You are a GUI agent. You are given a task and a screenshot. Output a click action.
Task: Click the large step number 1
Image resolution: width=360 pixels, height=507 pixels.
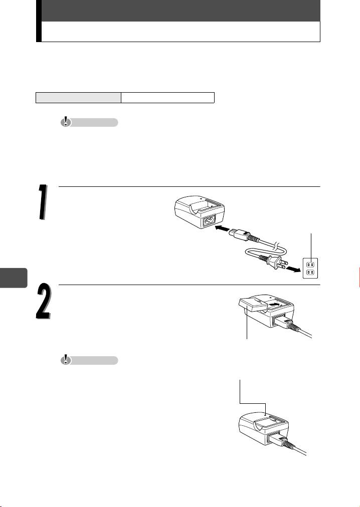click(43, 202)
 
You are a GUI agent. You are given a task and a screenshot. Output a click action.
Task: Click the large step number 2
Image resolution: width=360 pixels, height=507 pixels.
click(44, 302)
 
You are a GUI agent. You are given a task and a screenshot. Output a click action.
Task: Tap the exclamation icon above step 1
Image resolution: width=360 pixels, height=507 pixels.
click(66, 122)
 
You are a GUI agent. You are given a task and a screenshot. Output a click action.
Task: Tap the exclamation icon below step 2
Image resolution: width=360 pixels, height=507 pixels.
click(66, 360)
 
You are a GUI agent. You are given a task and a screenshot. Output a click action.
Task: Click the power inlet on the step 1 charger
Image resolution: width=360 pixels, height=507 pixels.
click(209, 222)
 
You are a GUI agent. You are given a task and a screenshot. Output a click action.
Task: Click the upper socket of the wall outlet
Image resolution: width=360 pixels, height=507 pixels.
click(310, 264)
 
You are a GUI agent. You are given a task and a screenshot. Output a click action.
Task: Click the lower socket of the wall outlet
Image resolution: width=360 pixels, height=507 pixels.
click(310, 272)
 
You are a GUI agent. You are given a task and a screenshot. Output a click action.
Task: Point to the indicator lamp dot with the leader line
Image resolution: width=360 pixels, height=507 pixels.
click(265, 413)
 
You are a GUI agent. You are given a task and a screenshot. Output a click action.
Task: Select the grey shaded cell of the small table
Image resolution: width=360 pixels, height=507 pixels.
click(78, 98)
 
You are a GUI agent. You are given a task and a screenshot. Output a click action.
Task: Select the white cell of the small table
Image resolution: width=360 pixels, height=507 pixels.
click(167, 98)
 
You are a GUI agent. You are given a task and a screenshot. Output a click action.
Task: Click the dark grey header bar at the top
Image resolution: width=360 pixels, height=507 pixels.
click(181, 11)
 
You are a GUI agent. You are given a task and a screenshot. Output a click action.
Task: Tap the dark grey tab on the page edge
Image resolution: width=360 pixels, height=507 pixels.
click(13, 278)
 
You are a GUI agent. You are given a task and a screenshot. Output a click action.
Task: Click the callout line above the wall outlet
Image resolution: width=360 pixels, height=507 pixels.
click(311, 246)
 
